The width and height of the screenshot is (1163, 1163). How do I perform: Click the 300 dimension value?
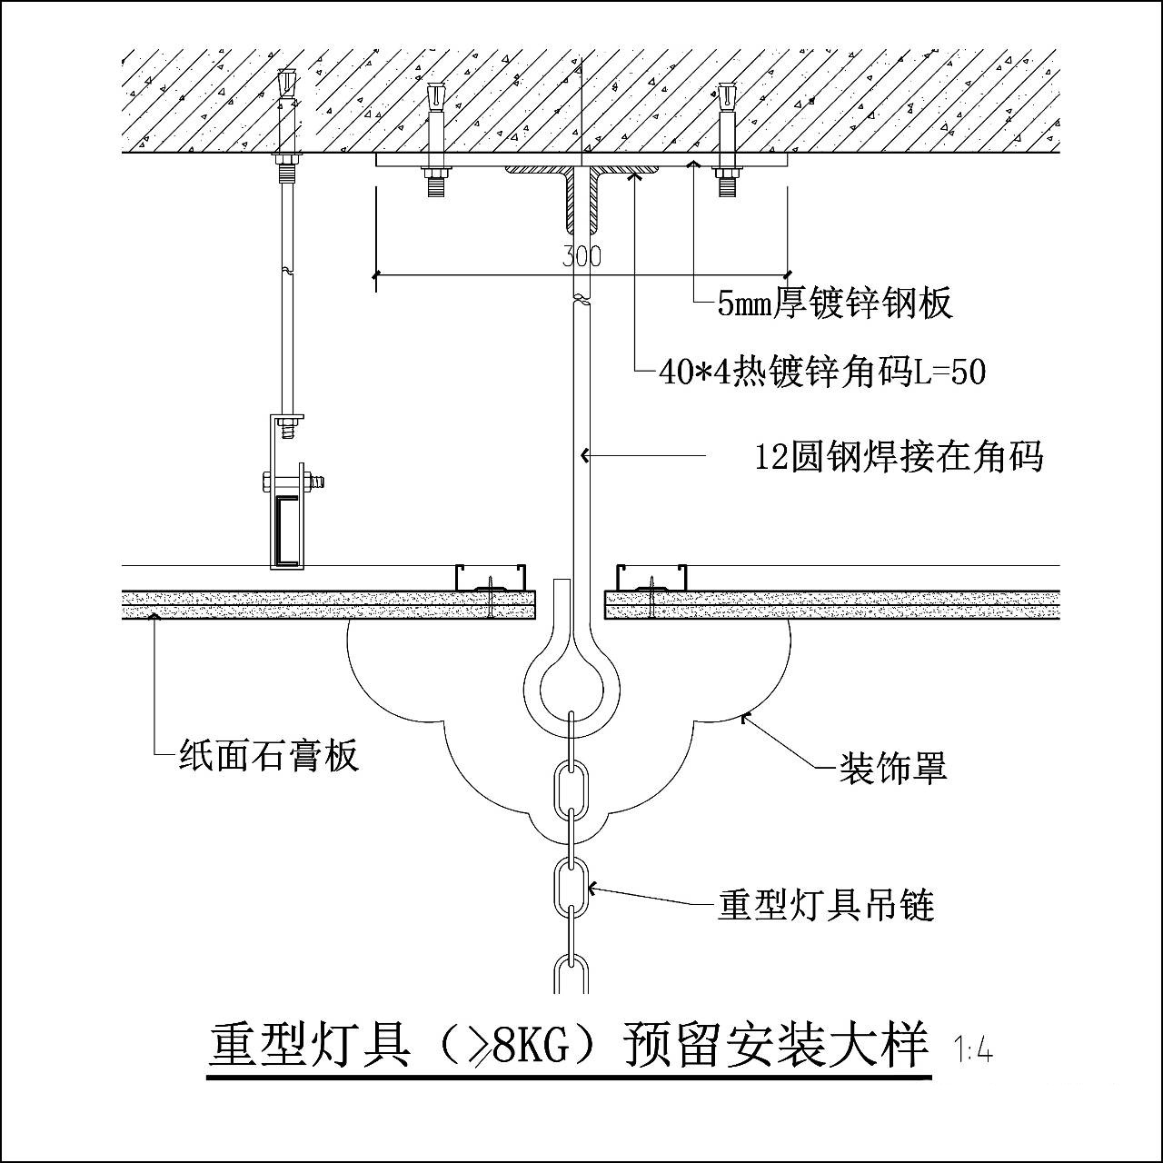(x=581, y=255)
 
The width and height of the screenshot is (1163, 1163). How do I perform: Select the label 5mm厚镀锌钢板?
(x=835, y=303)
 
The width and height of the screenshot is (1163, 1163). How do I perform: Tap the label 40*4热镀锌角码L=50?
(x=822, y=372)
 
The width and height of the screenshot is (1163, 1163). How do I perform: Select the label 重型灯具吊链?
(x=826, y=905)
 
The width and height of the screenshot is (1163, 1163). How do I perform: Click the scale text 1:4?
(x=974, y=1052)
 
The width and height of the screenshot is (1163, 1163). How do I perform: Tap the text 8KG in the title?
(x=530, y=1047)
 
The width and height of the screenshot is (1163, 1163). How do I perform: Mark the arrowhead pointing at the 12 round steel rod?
(x=587, y=454)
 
